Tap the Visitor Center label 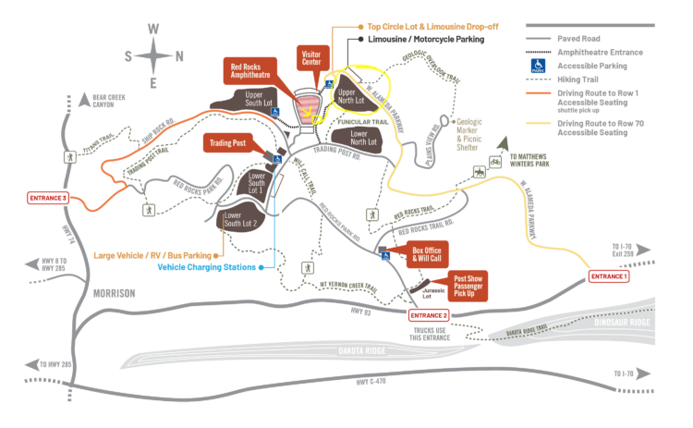tap(310, 58)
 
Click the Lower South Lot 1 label tap(257, 182)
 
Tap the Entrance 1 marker tap(609, 276)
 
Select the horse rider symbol tap(480, 173)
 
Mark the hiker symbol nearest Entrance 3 tap(69, 159)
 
